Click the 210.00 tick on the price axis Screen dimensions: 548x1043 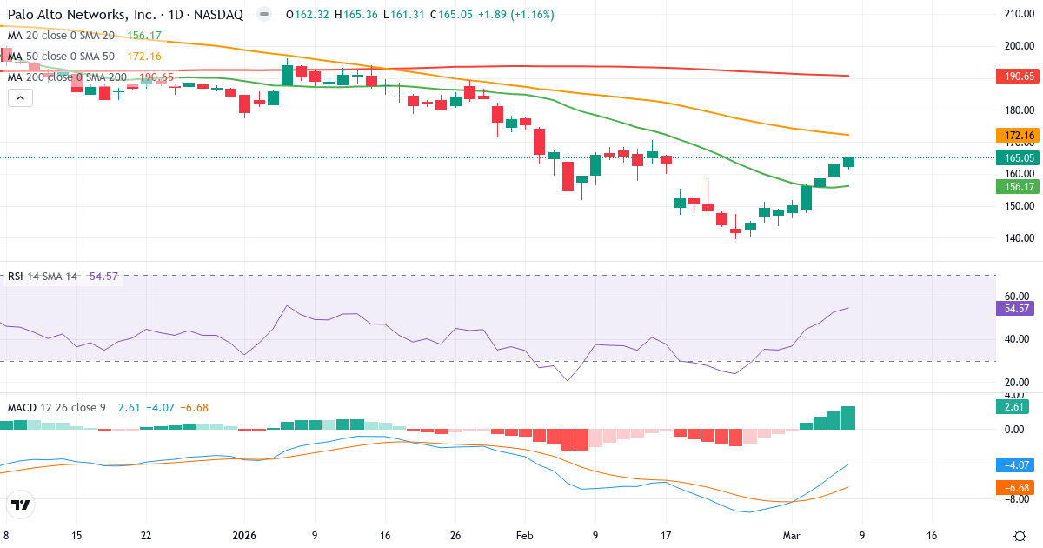[1019, 14]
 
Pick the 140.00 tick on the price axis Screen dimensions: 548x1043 [1019, 238]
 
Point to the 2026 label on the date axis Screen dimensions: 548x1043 [244, 536]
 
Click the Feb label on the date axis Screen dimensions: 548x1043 [525, 536]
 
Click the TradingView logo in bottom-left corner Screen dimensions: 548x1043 [21, 505]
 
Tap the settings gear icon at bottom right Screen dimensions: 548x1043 [1019, 536]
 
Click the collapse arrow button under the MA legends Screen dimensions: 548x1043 [20, 98]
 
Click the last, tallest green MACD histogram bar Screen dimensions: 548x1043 [848, 418]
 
